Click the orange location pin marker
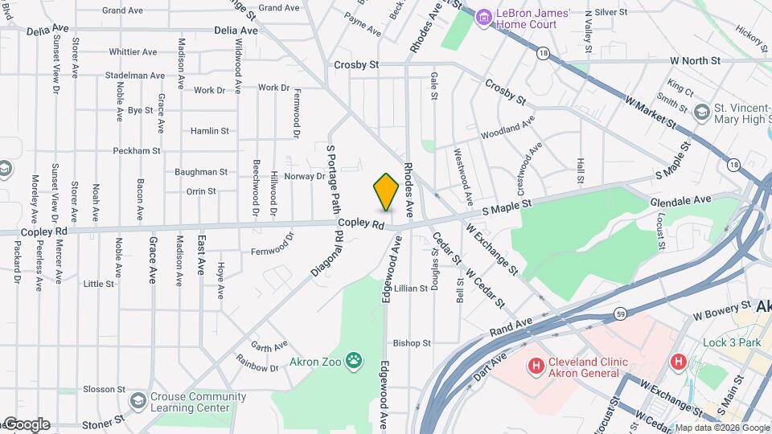pyautogui.click(x=386, y=191)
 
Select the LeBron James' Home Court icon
pyautogui.click(x=483, y=16)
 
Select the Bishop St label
pyautogui.click(x=412, y=343)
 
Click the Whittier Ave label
pyautogui.click(x=133, y=52)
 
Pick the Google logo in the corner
pyautogui.click(x=26, y=424)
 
